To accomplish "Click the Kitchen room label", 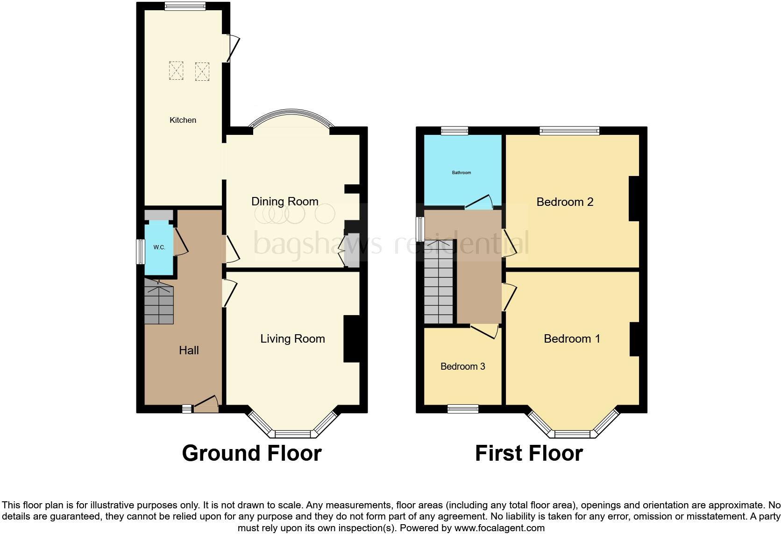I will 183,120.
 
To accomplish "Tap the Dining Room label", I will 284,202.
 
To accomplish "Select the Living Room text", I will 292,339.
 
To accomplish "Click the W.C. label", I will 159,247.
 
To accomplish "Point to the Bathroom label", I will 461,173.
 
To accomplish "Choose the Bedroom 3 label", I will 462,366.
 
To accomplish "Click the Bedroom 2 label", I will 565,202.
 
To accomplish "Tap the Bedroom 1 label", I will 572,339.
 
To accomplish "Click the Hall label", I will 189,351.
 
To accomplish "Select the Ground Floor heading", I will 251,453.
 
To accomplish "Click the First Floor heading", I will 529,453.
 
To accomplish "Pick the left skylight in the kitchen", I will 176,70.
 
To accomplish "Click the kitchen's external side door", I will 233,48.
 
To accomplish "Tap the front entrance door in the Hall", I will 206,404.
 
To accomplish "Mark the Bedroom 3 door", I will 485,331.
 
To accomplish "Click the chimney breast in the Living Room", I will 352,339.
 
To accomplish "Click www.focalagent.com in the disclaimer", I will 499,528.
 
